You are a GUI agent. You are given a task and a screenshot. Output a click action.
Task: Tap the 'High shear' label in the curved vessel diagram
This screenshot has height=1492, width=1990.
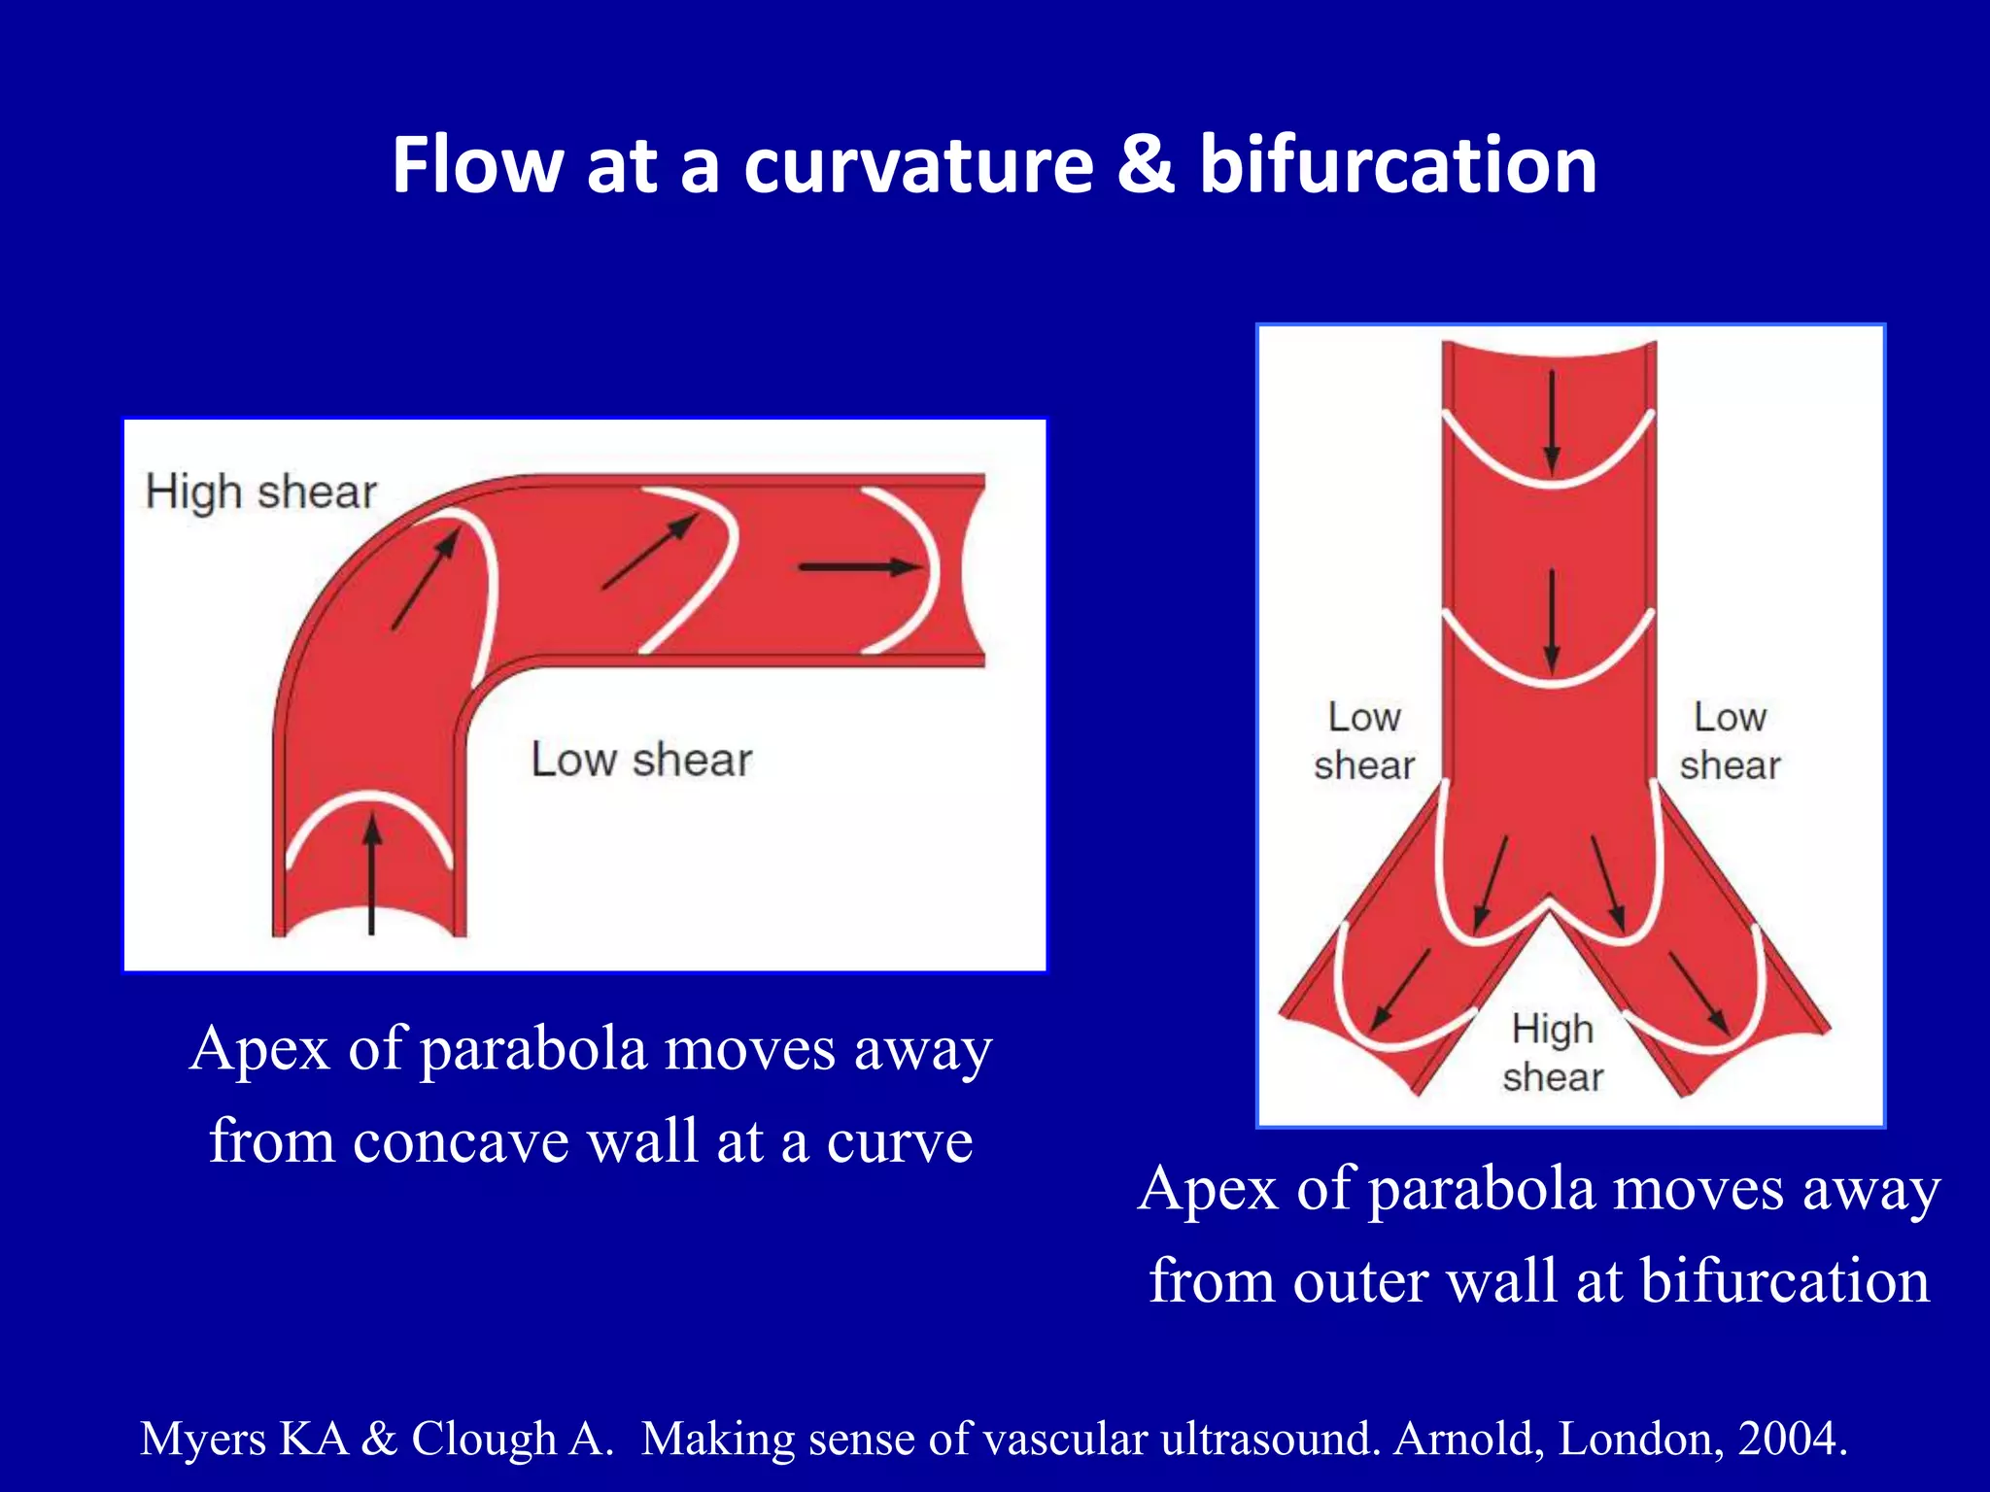point(260,492)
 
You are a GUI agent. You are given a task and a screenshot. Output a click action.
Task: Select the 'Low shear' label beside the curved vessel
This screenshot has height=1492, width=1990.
point(641,760)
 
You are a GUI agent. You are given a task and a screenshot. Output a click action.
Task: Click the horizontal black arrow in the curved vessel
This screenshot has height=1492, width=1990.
point(859,567)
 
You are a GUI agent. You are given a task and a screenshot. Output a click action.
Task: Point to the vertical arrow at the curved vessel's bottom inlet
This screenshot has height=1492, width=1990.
point(371,874)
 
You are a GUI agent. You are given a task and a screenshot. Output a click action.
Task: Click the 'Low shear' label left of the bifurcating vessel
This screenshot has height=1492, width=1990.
point(1363,741)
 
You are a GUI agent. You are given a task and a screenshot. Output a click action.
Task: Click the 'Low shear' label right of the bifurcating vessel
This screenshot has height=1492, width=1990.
point(1730,741)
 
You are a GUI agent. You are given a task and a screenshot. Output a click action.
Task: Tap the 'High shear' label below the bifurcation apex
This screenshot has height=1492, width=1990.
point(1553,1053)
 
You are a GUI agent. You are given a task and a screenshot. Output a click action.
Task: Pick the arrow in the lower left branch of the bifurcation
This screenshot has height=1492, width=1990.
point(1400,990)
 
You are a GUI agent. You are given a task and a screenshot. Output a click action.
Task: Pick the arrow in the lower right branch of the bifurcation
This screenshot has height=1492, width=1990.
point(1698,992)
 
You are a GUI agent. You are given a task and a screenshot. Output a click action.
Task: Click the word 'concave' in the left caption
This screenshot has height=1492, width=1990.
point(461,1142)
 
